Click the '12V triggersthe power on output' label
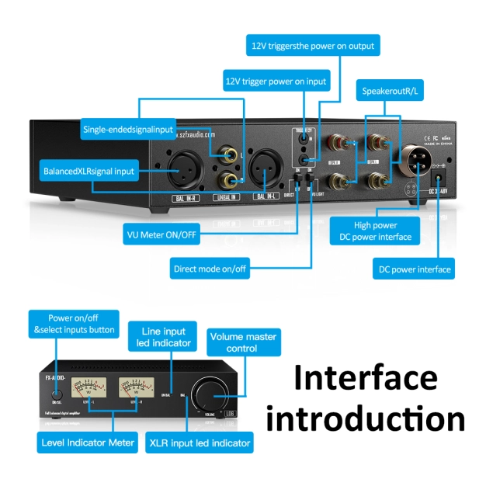coord(312,46)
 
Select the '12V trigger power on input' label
coord(276,81)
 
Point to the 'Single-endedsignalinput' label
coord(128,130)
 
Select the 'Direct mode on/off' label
coord(210,269)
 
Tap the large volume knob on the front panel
coord(212,391)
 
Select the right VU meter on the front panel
coord(137,386)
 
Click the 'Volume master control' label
coord(243,343)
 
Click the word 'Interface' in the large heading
coord(365,378)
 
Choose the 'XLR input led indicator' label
coord(200,443)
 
